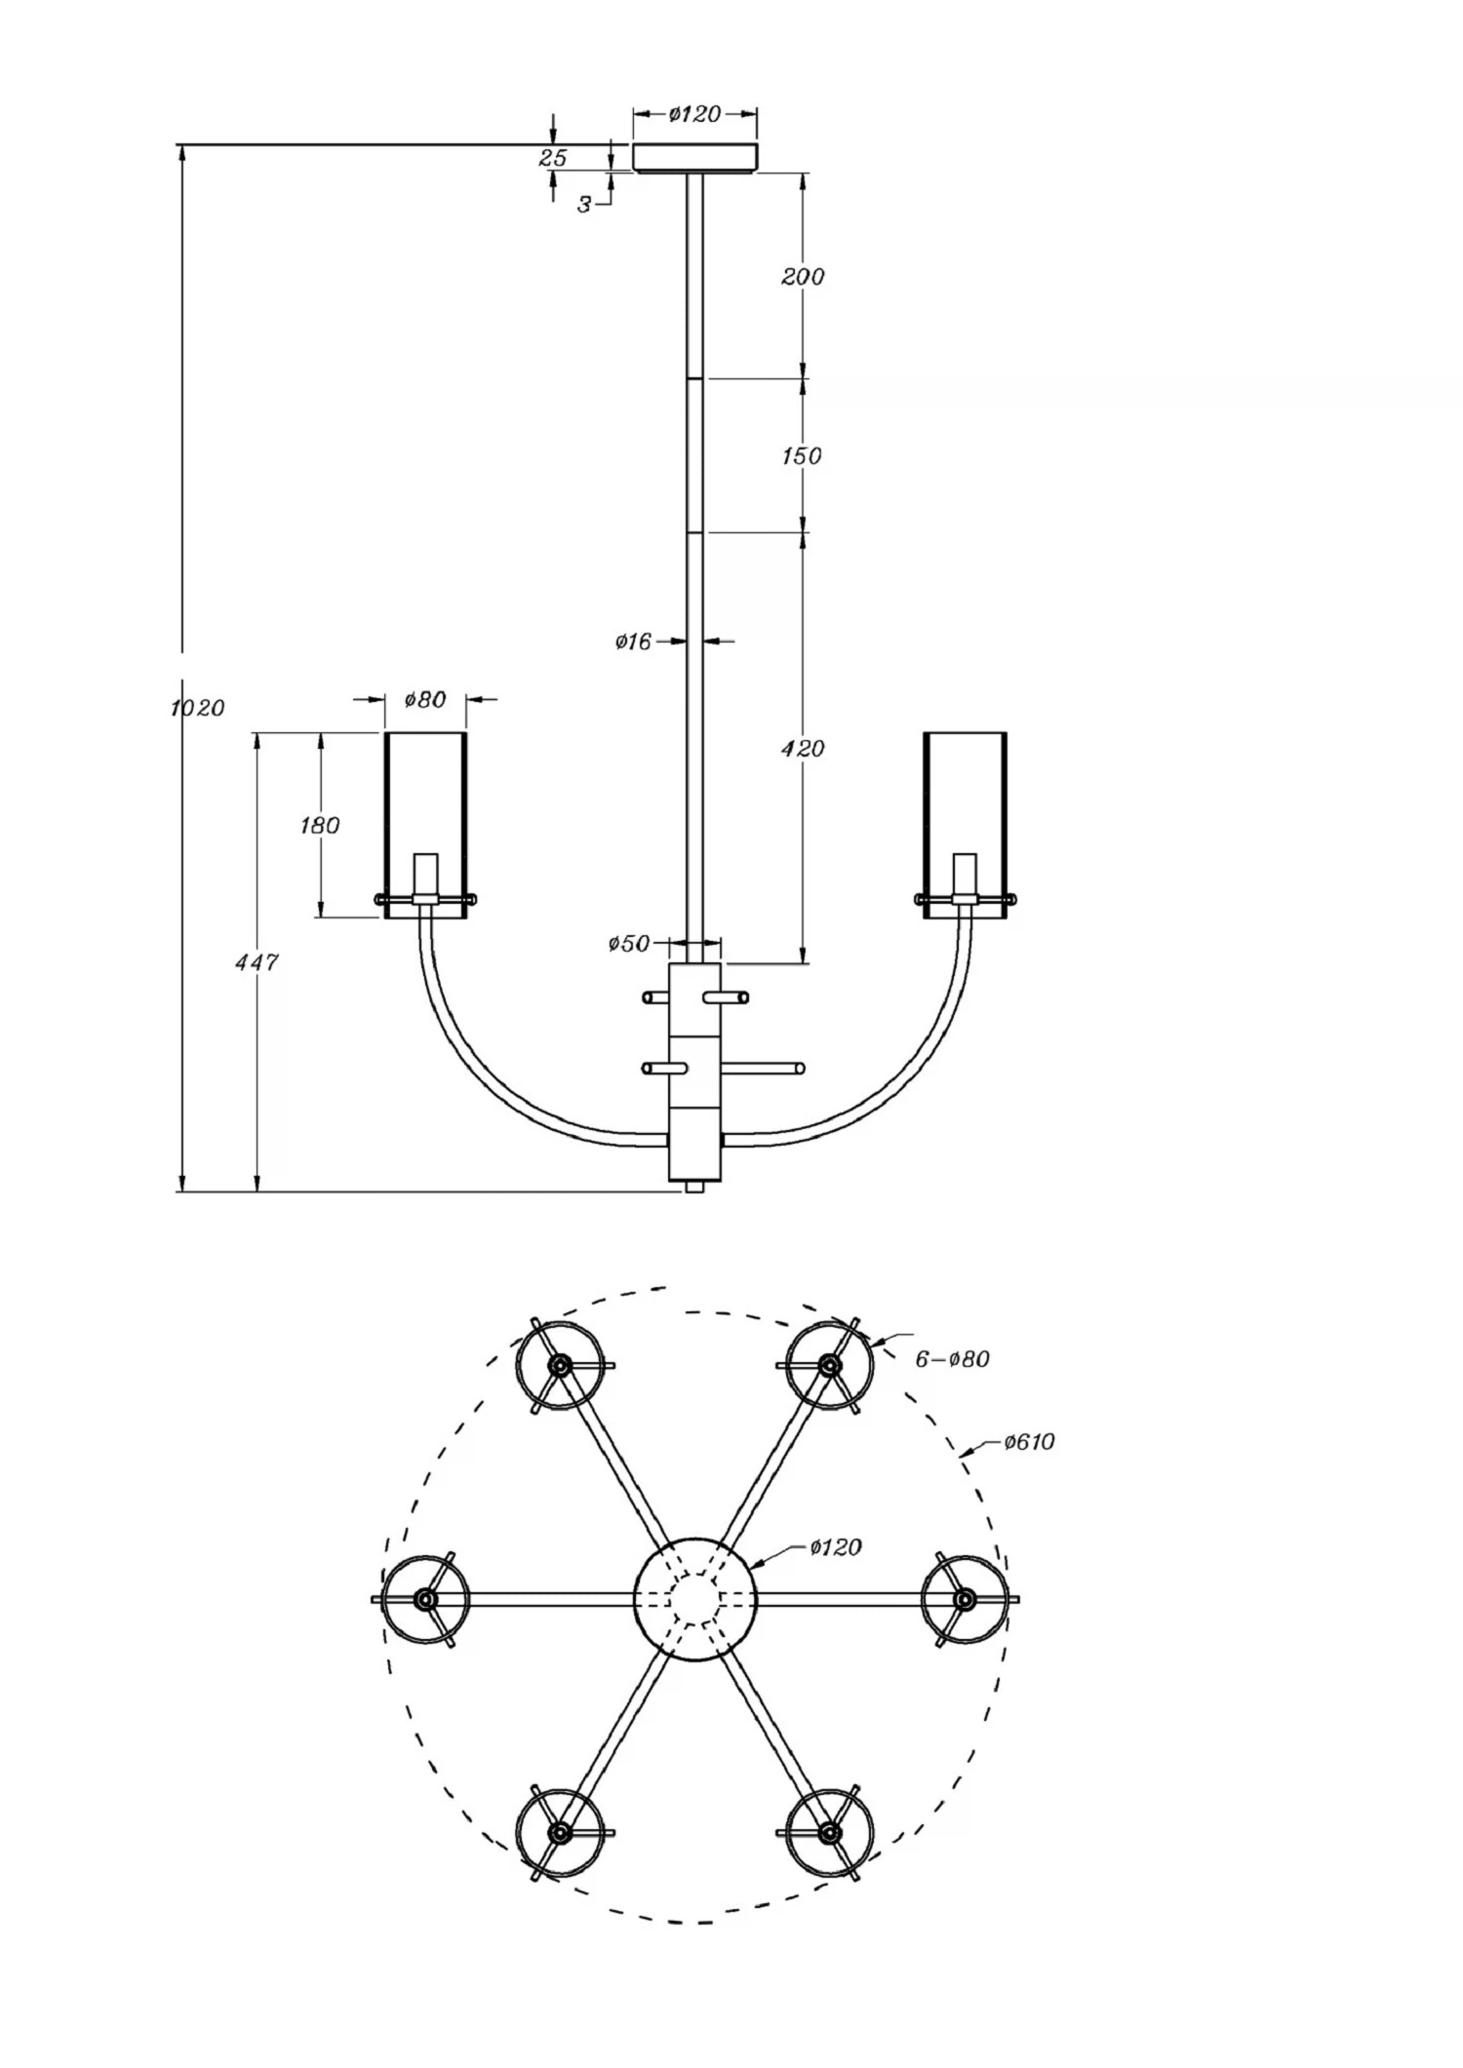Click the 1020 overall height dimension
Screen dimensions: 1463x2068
coord(198,708)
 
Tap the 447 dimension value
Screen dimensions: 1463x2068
coord(257,962)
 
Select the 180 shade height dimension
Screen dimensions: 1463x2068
coord(320,826)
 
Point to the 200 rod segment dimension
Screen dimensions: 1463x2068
coord(803,277)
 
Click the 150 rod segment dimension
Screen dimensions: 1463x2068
coord(802,455)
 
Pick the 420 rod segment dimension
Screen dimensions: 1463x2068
coord(803,749)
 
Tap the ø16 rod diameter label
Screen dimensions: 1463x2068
coord(633,642)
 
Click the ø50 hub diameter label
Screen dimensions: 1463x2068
coord(629,944)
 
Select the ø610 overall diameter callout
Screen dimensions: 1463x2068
coord(1030,1441)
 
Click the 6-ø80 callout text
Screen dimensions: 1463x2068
coord(952,1359)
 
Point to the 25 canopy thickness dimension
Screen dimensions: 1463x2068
coord(553,158)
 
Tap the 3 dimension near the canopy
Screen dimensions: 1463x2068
coord(583,205)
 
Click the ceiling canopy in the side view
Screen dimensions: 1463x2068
coord(695,158)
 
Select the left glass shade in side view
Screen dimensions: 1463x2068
coord(425,825)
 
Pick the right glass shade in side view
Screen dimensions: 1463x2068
coord(965,825)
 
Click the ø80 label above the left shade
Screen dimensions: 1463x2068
coord(425,699)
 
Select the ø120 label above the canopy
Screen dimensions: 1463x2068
coord(694,114)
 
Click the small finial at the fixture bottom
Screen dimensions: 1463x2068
coord(695,1187)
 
